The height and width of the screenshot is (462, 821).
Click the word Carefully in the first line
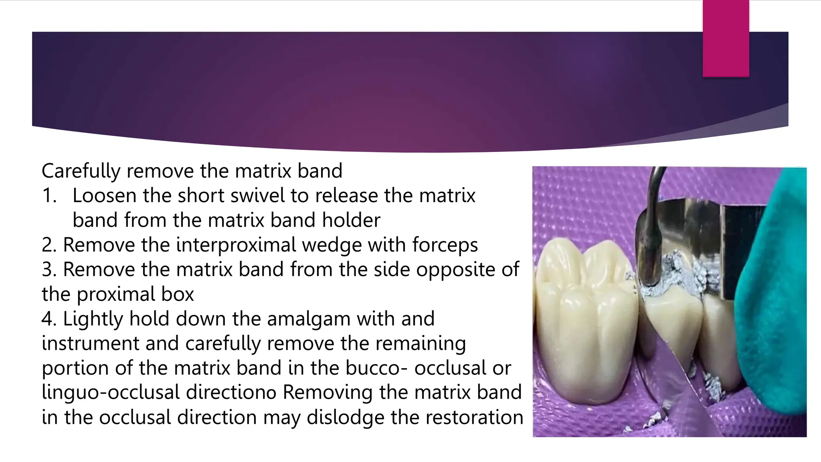[81, 171]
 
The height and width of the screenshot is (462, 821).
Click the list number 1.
[49, 196]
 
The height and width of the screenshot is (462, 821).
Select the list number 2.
[49, 245]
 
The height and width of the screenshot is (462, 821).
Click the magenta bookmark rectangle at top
[726, 38]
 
